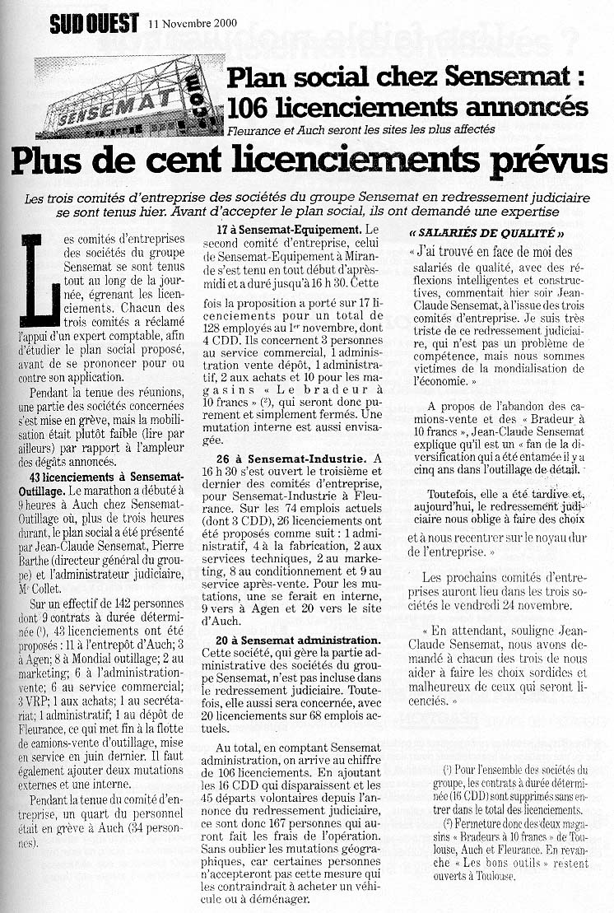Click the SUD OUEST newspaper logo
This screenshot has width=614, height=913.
94,23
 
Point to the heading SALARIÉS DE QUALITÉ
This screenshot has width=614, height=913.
486,232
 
